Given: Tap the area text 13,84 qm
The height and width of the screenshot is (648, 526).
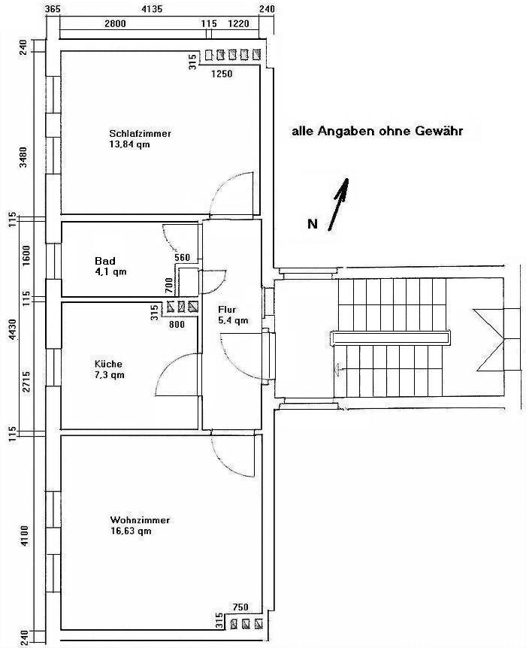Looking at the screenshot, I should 130,144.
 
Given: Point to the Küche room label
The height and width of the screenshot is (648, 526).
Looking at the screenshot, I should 108,364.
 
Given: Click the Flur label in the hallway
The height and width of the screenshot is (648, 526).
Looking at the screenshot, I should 228,310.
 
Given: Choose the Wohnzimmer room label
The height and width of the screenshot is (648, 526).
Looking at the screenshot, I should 140,520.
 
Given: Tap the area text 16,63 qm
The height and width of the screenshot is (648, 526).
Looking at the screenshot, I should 131,531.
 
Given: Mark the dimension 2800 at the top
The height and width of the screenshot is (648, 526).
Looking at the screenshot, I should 115,24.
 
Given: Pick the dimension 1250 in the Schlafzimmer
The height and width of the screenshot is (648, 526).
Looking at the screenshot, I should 222,74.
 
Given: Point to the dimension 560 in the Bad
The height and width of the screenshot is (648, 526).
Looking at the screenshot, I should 182,257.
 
